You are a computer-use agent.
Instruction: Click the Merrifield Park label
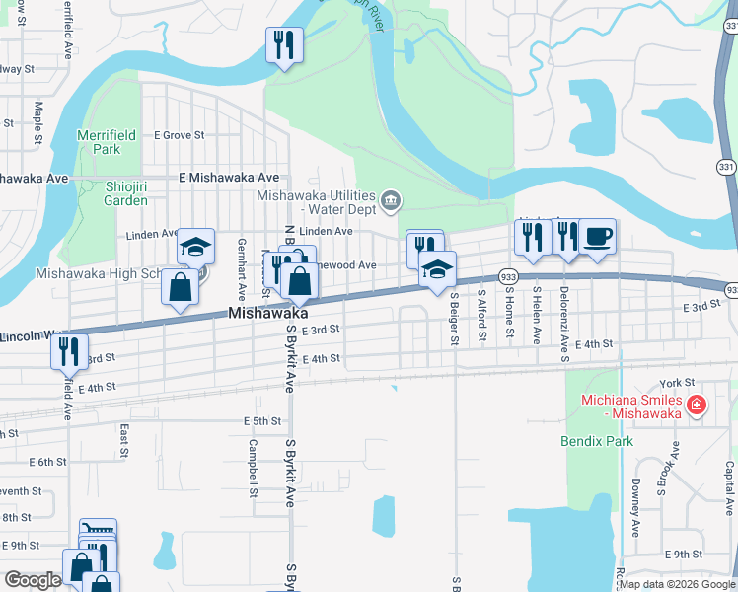100,142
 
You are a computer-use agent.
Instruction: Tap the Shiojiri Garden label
125,192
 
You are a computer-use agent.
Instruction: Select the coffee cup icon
597,238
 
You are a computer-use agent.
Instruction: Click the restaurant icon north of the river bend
284,45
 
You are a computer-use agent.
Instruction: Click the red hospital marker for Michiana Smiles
698,405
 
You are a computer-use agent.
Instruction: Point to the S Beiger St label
455,318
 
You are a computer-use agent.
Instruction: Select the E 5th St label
262,421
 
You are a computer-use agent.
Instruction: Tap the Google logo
33,580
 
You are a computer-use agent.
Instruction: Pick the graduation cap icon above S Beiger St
437,268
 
